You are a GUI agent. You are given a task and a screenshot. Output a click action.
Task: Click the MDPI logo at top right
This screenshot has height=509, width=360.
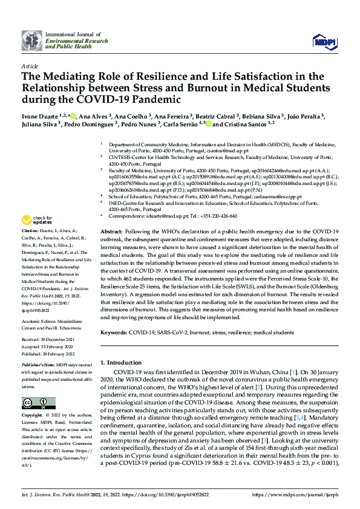click(x=324, y=41)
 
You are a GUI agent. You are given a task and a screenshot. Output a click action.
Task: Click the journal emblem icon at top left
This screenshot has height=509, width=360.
click(x=32, y=40)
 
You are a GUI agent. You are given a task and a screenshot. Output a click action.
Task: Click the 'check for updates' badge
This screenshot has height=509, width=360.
click(x=38, y=219)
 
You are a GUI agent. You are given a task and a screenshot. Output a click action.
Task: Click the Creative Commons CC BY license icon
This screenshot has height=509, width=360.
click(x=35, y=403)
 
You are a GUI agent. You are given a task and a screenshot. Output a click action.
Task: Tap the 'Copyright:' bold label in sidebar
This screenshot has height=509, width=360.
click(x=32, y=416)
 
